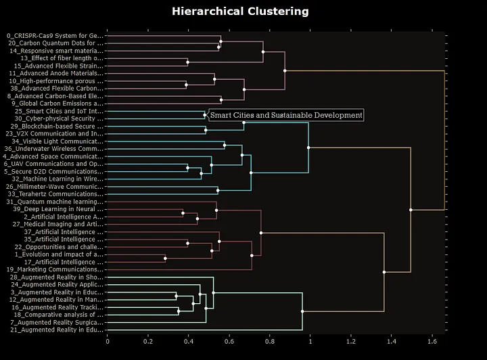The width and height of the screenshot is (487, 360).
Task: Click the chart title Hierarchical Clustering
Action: tap(240, 12)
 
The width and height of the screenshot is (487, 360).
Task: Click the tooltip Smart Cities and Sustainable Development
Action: tap(286, 115)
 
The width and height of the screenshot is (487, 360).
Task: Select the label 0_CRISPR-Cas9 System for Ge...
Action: tap(55, 35)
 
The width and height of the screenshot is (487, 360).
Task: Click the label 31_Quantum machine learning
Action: tap(55, 202)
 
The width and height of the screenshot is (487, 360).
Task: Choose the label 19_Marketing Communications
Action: tap(55, 269)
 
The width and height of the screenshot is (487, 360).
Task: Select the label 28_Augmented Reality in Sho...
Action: tap(57, 277)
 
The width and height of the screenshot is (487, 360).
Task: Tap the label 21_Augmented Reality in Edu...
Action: tap(57, 330)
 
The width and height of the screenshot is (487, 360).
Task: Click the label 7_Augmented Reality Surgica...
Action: tap(57, 322)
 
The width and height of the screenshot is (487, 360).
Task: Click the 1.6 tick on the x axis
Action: tap(432, 342)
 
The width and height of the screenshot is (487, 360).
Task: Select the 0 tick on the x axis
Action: tap(108, 342)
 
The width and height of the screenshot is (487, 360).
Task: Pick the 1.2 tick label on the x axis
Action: tap(351, 342)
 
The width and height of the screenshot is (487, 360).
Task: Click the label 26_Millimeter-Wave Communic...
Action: tap(55, 186)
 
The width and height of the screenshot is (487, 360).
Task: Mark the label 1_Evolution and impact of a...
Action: tap(57, 254)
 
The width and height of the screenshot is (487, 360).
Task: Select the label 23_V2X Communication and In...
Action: tap(57, 133)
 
